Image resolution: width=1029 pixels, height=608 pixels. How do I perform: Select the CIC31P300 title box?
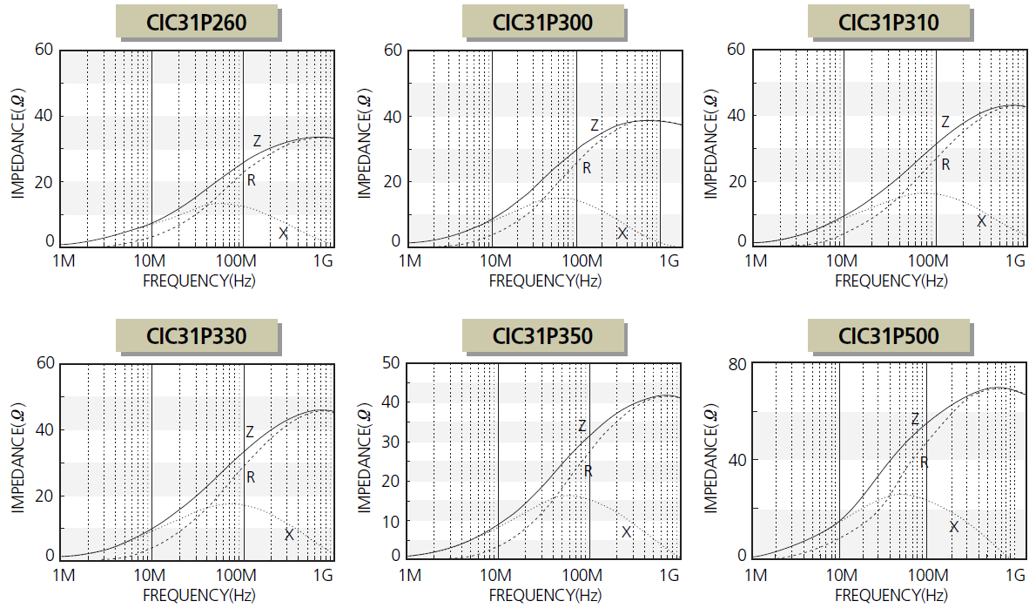click(x=543, y=23)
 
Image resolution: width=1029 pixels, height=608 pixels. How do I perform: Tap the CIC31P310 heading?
click(x=889, y=23)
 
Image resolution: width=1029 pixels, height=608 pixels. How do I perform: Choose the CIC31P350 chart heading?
click(x=543, y=336)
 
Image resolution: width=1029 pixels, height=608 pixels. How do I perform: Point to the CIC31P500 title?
click(x=889, y=336)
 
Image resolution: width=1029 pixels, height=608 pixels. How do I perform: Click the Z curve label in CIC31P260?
click(x=257, y=140)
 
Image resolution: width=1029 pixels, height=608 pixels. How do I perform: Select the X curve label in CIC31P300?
click(x=622, y=233)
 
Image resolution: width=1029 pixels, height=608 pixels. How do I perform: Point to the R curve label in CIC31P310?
click(x=945, y=164)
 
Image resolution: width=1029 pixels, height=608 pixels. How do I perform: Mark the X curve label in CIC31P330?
click(x=289, y=534)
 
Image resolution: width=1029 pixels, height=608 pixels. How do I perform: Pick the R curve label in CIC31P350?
click(x=588, y=470)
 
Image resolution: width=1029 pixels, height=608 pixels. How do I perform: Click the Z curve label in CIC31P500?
click(x=915, y=420)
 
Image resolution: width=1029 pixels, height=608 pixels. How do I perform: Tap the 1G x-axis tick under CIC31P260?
click(x=324, y=261)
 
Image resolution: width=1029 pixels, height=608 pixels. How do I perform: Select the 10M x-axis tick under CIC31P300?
click(x=494, y=261)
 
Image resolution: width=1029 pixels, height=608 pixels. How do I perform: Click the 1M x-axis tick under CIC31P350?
click(x=411, y=576)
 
